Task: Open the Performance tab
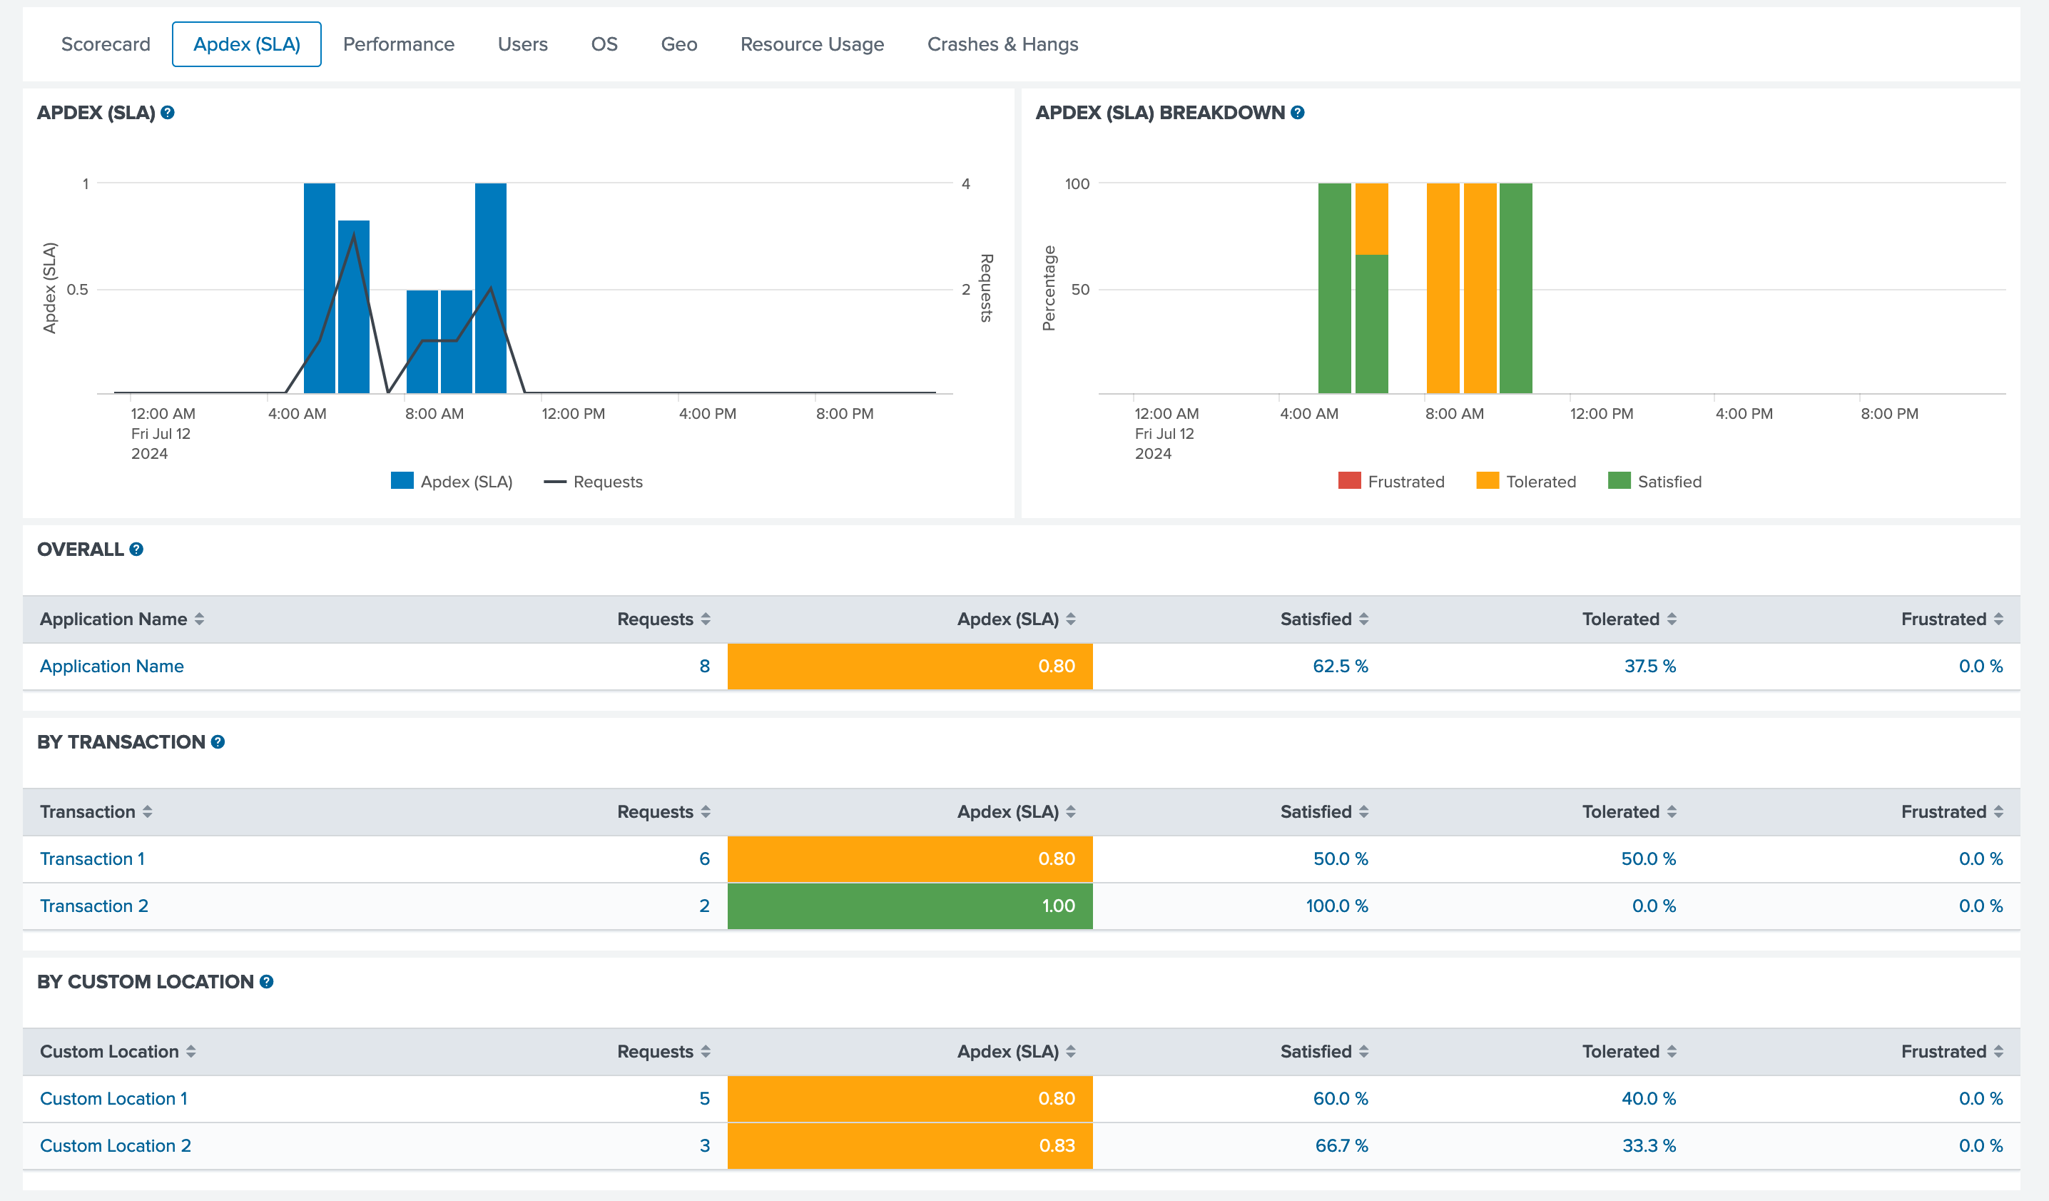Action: (398, 44)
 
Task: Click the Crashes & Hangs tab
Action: (1002, 44)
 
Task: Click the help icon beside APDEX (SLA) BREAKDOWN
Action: (1298, 113)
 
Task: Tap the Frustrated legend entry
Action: (1391, 482)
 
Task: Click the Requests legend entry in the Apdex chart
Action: (594, 482)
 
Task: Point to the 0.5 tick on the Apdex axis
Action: (77, 290)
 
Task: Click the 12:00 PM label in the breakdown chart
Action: (1601, 413)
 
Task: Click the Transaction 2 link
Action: (94, 906)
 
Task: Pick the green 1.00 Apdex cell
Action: (910, 906)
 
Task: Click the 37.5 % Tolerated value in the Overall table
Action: (1649, 666)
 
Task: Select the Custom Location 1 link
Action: (114, 1098)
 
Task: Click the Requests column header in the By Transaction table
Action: (656, 811)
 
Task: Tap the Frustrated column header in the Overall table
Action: (1943, 619)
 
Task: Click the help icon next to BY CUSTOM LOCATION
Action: (266, 981)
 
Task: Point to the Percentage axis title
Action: (1049, 289)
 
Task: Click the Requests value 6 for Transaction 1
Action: (704, 858)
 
